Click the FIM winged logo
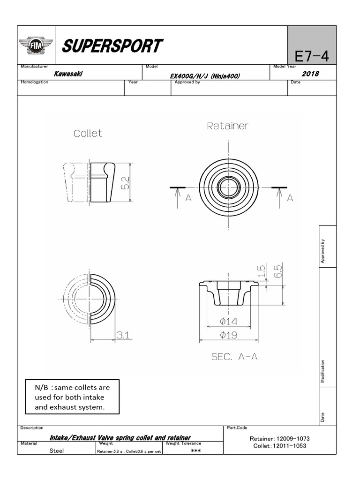(x=36, y=45)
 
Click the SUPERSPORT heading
(x=112, y=46)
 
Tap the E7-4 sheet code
(x=311, y=57)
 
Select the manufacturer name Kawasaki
(x=69, y=74)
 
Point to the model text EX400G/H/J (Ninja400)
(x=205, y=75)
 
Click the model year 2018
(x=310, y=74)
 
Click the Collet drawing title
(x=88, y=134)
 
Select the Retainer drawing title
(x=228, y=126)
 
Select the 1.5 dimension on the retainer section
(x=261, y=270)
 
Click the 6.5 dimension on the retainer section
(x=278, y=270)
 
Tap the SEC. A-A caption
(x=234, y=357)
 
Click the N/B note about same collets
(x=72, y=397)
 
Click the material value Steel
(x=57, y=451)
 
